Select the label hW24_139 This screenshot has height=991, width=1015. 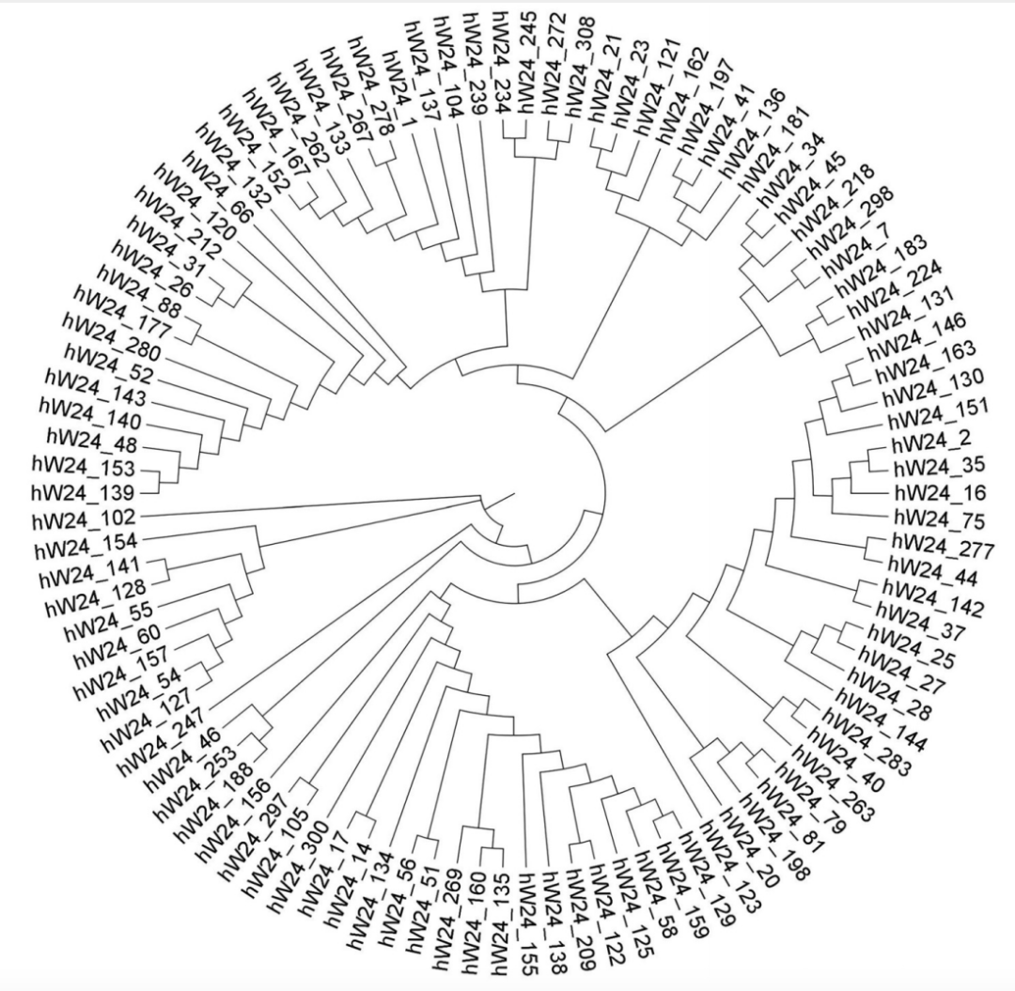tap(83, 493)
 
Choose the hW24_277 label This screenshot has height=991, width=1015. tap(943, 546)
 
